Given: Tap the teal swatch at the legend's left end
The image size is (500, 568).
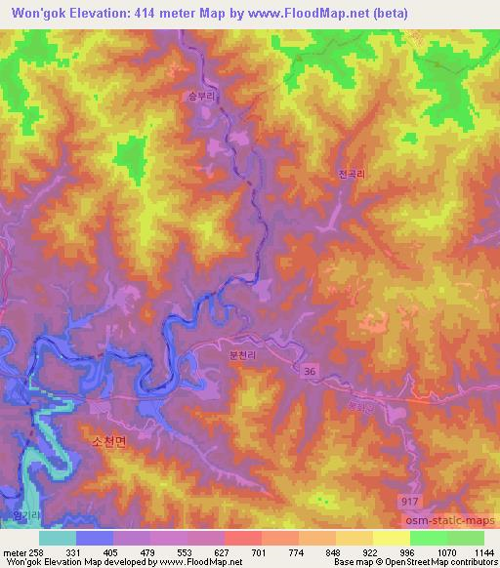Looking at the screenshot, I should [x=58, y=537].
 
